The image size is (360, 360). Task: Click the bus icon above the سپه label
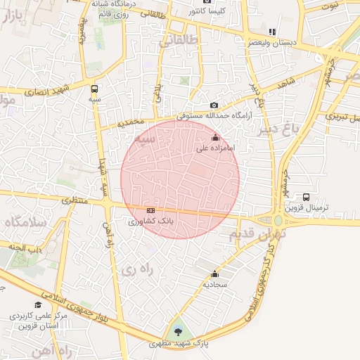pos(95,89)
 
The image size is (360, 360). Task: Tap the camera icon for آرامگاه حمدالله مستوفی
pos(214,105)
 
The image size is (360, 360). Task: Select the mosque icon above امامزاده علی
pos(214,139)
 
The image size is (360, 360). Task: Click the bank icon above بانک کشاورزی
pos(150,210)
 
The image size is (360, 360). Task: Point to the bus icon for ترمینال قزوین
pos(306,198)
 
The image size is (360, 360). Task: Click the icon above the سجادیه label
pos(214,274)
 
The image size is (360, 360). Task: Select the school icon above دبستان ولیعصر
pos(271,32)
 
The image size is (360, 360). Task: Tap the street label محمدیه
pos(130,122)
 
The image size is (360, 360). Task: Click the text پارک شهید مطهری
pos(180,344)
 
